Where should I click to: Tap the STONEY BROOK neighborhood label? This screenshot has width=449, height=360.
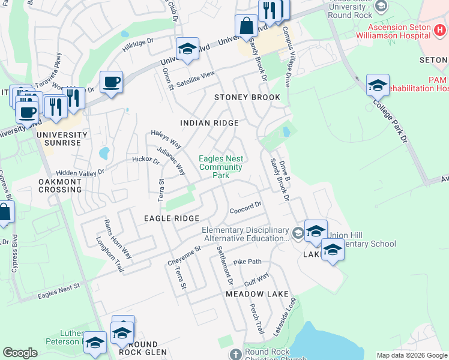pyautogui.click(x=247, y=97)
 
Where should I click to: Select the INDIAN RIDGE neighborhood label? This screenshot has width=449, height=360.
pyautogui.click(x=209, y=123)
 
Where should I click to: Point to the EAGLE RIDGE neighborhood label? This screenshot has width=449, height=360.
pyautogui.click(x=171, y=219)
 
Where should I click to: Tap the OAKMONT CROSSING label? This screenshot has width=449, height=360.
pyautogui.click(x=59, y=185)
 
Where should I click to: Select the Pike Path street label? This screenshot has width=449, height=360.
pyautogui.click(x=248, y=262)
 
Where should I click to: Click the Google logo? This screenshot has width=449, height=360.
pyautogui.click(x=20, y=353)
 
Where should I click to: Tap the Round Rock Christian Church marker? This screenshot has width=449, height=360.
pyautogui.click(x=235, y=353)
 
